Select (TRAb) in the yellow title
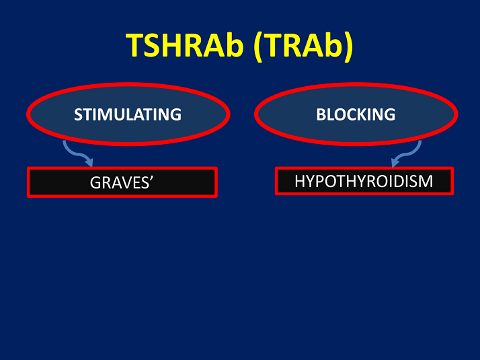304,46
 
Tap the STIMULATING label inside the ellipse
128,114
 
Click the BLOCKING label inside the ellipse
356,114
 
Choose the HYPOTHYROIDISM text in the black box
364,181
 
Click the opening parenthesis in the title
260,46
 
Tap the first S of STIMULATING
78,114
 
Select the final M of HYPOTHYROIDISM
426,181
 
